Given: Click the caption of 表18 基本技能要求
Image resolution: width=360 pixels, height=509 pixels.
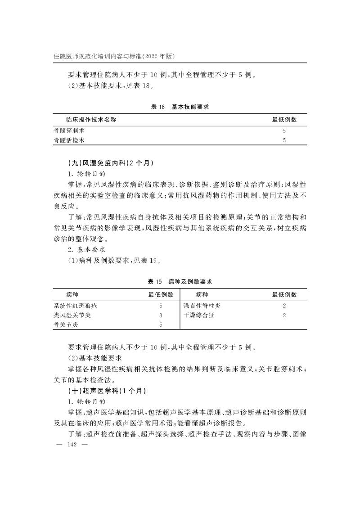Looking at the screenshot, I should [180, 107].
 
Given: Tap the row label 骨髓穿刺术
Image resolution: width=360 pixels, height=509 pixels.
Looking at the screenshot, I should [69, 131].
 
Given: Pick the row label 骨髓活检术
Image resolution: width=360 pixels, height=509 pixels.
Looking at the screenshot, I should [69, 140].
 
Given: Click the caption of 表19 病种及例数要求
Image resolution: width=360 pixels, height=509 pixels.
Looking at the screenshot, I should [180, 282].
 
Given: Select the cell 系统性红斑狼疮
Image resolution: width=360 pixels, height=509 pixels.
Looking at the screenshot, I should [75, 306].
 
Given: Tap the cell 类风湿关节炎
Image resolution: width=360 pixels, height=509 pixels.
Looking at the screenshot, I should [72, 315].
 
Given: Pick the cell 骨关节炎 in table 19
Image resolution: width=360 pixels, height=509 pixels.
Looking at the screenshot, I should [66, 325].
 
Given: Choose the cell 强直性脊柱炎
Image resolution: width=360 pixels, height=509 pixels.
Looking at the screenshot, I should [202, 306].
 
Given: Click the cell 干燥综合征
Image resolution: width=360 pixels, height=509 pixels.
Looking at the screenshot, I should [199, 315].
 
